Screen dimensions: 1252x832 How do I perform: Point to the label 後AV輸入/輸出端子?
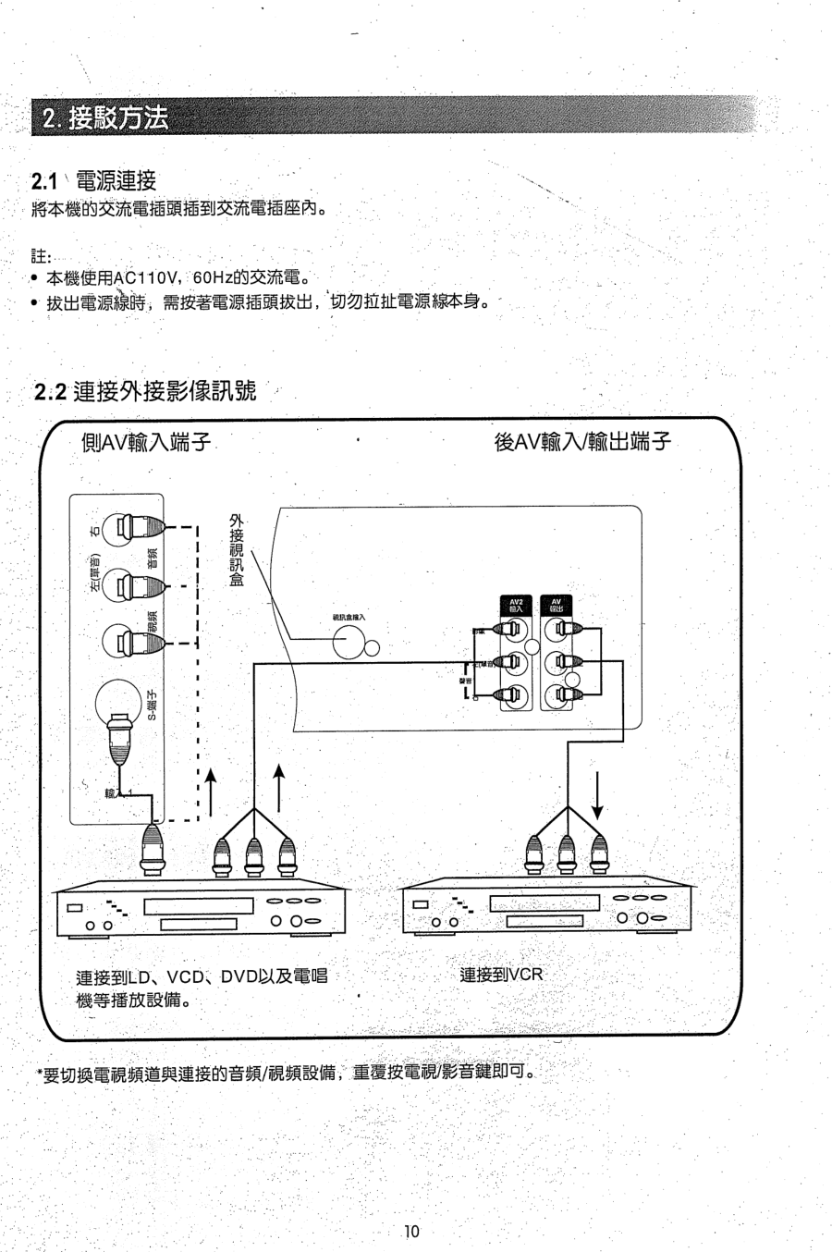pos(582,443)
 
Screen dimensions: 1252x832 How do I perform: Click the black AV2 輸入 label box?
pos(517,606)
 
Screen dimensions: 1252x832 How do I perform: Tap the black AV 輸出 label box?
pos(556,606)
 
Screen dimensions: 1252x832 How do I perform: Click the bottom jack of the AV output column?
pos(557,695)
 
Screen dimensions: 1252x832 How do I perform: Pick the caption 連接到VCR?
pos(501,975)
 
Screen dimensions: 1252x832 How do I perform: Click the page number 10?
pos(411,1231)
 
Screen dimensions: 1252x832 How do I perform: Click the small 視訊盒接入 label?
pos(349,617)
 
